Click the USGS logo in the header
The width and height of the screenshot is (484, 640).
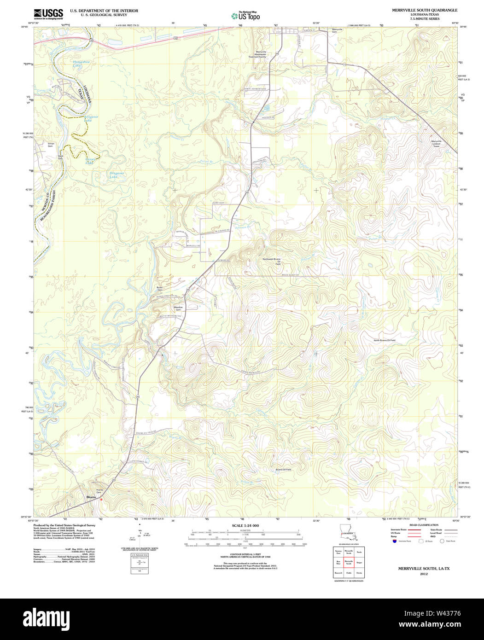click(x=48, y=13)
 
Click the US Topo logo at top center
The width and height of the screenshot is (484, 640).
click(x=245, y=15)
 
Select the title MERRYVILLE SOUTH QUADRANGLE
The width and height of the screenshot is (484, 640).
click(x=425, y=10)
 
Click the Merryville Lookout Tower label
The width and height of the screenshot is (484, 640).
click(x=436, y=143)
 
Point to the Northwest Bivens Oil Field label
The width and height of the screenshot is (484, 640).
click(x=271, y=262)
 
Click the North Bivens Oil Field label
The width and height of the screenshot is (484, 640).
click(x=384, y=340)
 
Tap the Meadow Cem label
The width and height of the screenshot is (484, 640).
click(x=178, y=308)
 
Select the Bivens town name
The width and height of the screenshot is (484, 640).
click(x=91, y=497)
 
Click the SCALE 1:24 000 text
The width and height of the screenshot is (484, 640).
click(x=245, y=525)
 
